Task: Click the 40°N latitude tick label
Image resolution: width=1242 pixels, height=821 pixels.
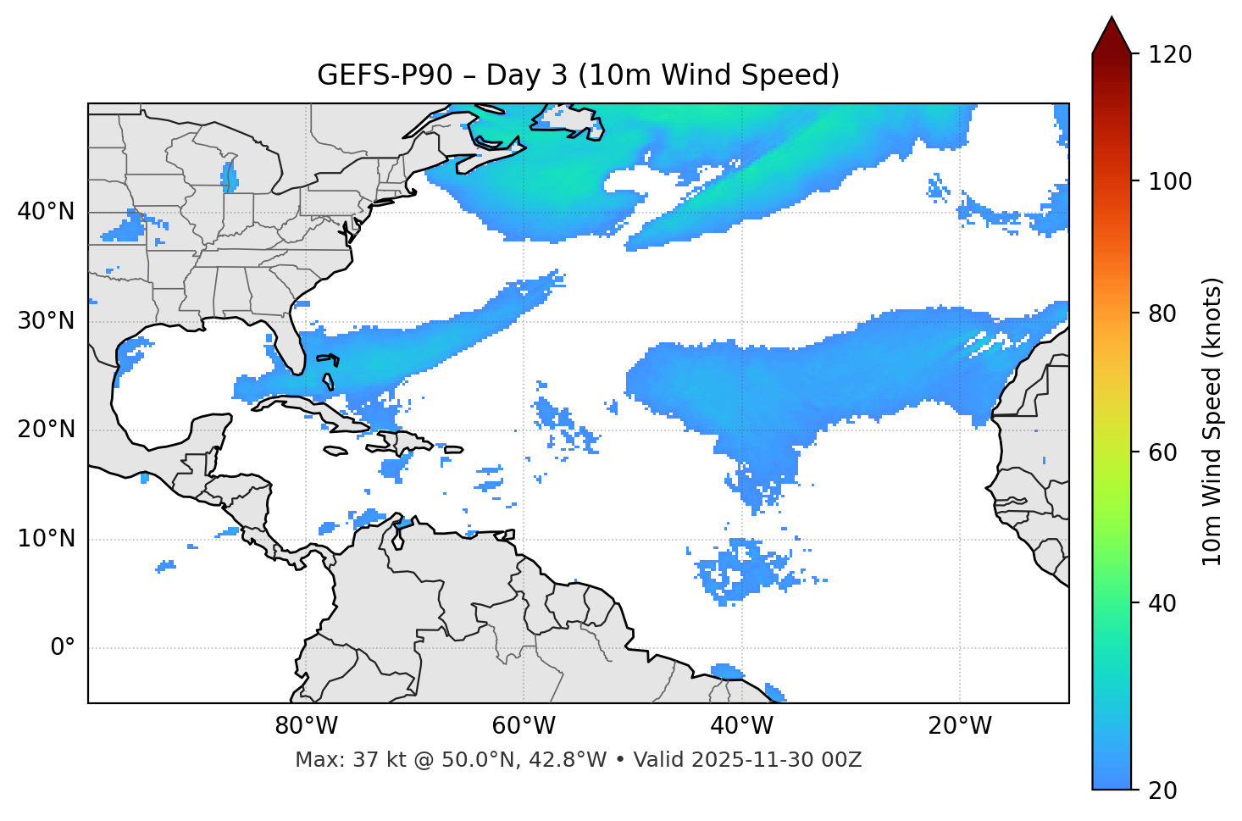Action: tap(46, 212)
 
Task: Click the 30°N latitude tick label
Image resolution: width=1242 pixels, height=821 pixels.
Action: tap(46, 321)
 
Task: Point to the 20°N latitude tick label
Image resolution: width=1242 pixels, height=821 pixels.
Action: tap(46, 430)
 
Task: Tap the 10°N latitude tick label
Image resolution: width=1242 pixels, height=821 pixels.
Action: tap(46, 539)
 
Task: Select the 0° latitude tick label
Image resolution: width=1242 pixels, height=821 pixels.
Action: tap(63, 648)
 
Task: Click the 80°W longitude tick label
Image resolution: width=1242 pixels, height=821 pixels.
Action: tap(306, 726)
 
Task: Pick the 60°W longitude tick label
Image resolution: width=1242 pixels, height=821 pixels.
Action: tap(524, 726)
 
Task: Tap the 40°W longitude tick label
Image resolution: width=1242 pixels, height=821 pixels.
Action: tap(741, 726)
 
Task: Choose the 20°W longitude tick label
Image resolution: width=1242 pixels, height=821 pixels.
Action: tap(960, 726)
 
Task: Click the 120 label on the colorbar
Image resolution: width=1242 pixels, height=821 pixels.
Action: tap(1170, 55)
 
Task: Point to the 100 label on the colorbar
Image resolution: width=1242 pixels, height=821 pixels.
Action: tap(1170, 181)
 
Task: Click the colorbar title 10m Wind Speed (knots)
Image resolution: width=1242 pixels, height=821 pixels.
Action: tap(1212, 422)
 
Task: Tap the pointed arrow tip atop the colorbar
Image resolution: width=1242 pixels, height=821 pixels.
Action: tap(1112, 19)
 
